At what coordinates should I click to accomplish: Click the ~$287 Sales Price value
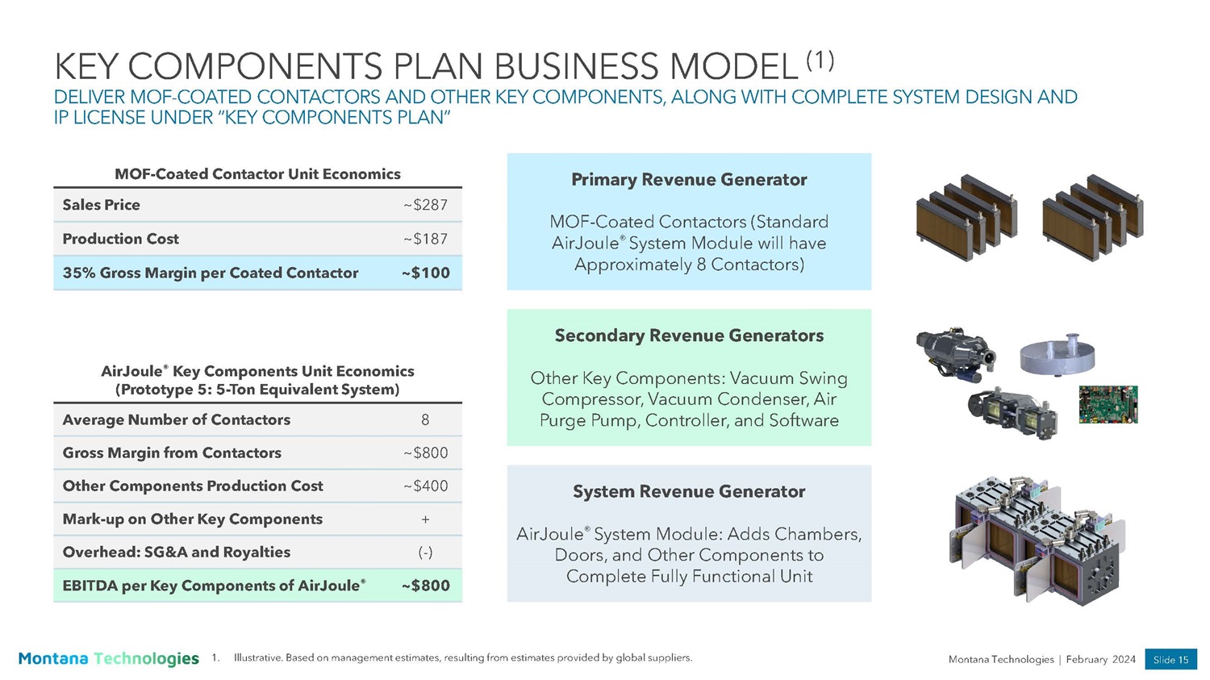point(425,205)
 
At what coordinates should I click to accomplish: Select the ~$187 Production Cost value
point(425,239)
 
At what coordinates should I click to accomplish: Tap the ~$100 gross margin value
point(426,273)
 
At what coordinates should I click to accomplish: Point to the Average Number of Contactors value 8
point(425,419)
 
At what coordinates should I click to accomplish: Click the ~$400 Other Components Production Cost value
point(426,486)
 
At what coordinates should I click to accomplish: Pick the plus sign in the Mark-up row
point(425,519)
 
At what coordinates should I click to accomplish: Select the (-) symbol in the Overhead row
point(425,553)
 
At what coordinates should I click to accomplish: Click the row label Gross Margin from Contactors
point(172,453)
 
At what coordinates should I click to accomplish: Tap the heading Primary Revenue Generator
point(689,179)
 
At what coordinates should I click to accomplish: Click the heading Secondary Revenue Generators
point(689,336)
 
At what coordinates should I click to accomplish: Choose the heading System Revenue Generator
point(689,491)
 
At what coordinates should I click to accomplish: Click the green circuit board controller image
point(1108,405)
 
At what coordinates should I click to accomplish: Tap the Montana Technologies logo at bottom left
point(109,658)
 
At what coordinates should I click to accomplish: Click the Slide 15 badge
point(1170,660)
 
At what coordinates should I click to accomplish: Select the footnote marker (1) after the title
point(820,60)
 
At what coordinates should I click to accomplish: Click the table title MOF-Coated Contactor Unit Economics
point(257,174)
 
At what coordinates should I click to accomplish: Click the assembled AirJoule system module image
point(1037,540)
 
